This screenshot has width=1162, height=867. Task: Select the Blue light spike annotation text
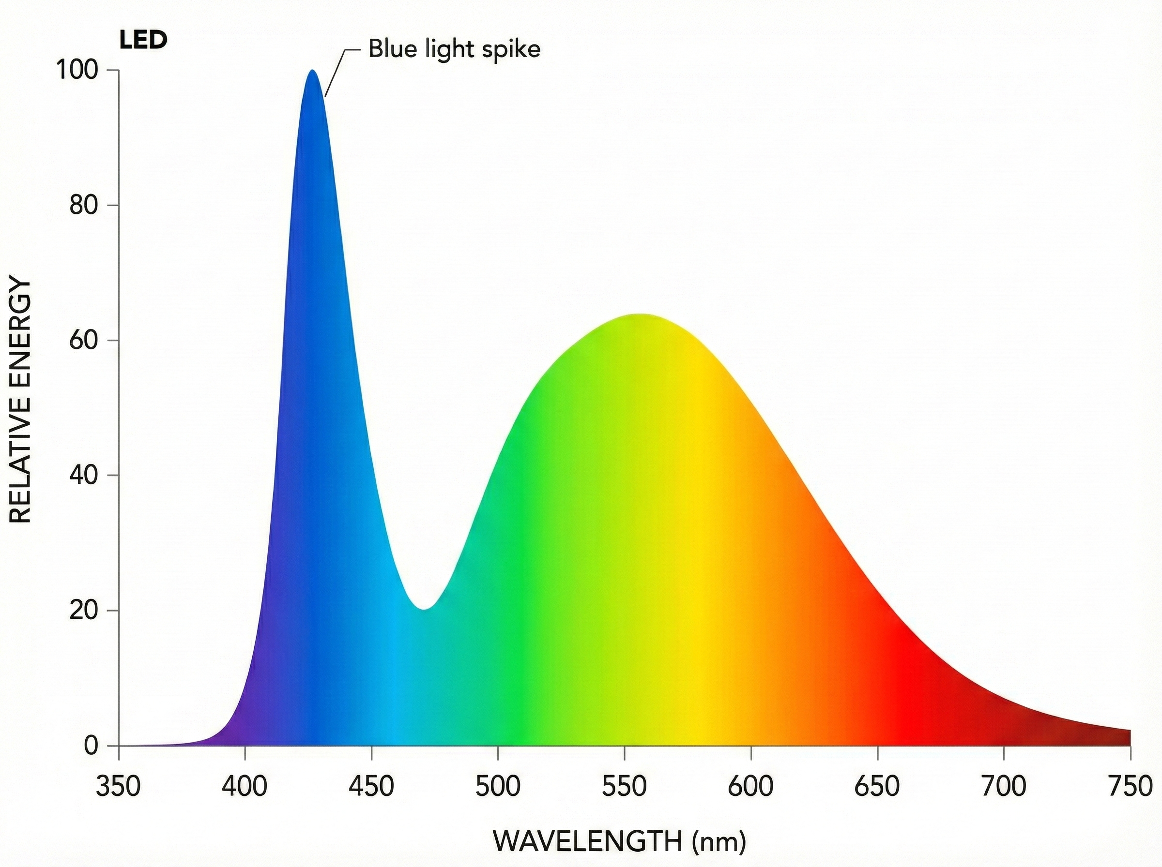(x=454, y=49)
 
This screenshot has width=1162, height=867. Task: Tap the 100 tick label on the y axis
(x=78, y=70)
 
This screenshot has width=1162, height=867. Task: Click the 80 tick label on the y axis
(x=84, y=205)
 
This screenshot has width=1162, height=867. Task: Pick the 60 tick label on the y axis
(x=84, y=341)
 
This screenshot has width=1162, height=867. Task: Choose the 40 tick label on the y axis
(x=84, y=476)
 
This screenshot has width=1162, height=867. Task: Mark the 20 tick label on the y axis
(x=84, y=611)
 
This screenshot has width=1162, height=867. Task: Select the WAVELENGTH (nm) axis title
(x=620, y=842)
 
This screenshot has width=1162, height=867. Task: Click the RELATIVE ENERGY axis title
(x=21, y=402)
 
